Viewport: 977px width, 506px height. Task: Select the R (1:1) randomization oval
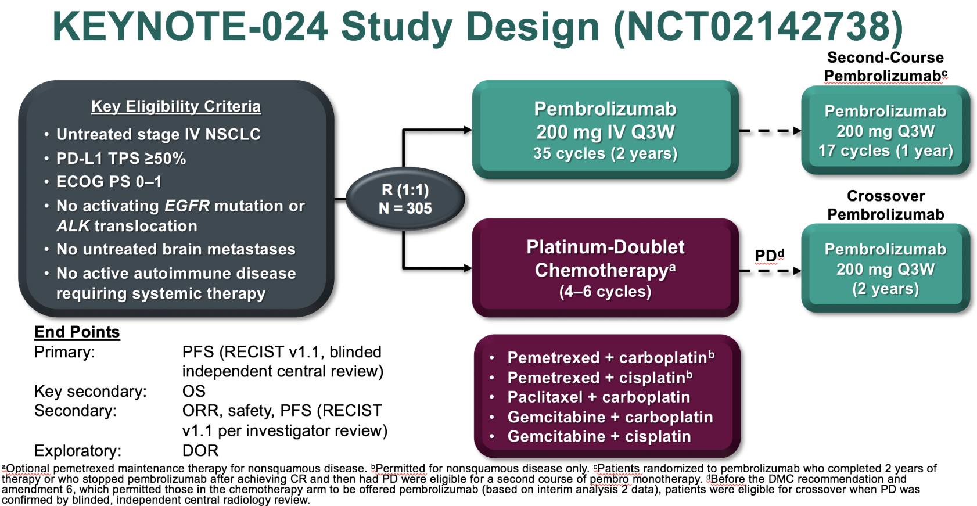pos(405,199)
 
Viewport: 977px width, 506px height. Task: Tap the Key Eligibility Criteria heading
pos(176,106)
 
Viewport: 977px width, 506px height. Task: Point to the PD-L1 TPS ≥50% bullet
pos(121,159)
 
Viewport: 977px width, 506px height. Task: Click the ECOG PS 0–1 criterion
pos(109,182)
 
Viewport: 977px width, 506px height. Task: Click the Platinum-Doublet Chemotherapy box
pos(605,268)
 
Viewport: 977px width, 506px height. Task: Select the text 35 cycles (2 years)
pos(605,153)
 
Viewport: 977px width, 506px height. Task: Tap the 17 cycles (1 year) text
pos(886,151)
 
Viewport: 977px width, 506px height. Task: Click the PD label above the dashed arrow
pos(770,255)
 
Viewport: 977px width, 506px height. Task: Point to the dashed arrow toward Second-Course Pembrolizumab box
pos(770,131)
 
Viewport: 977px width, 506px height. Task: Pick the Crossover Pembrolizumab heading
pos(886,205)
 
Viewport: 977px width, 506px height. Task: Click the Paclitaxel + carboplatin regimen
pos(599,397)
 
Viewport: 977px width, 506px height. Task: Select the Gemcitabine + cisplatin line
pos(599,437)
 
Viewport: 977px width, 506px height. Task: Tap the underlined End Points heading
pos(77,332)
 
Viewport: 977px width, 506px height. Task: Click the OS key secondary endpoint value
pos(193,392)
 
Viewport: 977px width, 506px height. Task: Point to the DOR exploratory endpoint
pos(200,451)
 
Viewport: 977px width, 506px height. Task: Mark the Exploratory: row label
pos(78,451)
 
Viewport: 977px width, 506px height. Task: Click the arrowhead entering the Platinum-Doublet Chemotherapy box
pos(468,268)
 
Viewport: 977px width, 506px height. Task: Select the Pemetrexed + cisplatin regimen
pos(599,378)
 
